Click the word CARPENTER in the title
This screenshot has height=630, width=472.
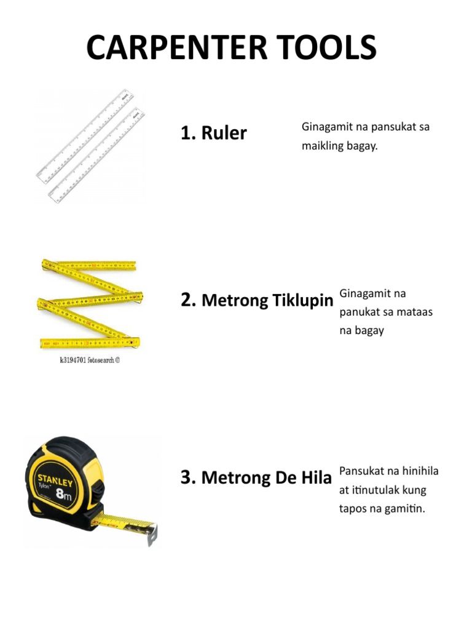[x=166, y=47]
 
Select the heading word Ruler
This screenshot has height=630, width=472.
[x=224, y=133]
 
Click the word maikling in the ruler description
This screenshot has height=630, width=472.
[x=321, y=147]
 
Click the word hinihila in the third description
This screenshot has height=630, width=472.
[x=420, y=471]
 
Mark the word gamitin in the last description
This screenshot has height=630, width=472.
[x=406, y=509]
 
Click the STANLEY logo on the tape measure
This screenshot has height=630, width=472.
[x=55, y=480]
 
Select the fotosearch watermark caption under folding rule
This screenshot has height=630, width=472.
[x=85, y=361]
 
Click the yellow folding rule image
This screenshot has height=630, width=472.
[x=90, y=305]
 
